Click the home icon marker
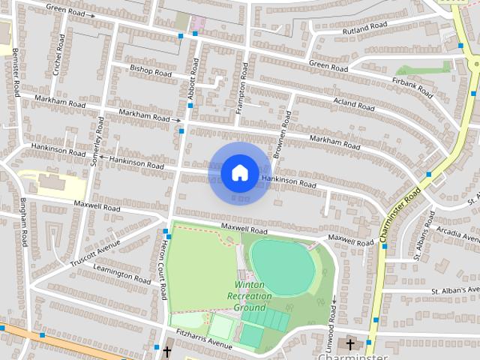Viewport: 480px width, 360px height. coord(239,172)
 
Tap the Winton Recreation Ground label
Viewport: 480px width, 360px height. coord(249,296)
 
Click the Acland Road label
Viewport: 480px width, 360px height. coord(353,104)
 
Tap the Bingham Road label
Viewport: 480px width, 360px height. coord(24,223)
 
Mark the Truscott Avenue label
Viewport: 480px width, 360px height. coord(95,253)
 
